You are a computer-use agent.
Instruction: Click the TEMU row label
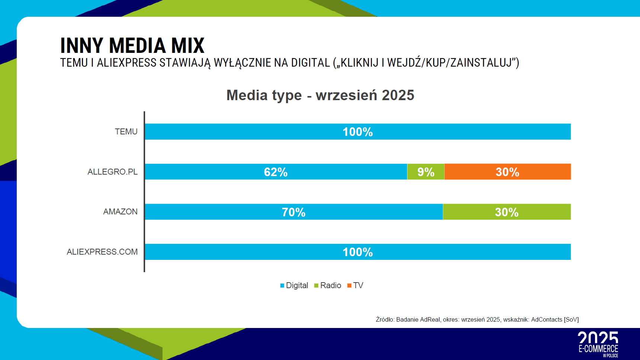(126, 132)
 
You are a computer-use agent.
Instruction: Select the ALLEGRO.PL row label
(112, 172)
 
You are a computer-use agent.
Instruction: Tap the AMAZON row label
(120, 212)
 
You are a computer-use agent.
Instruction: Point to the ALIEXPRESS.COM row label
(102, 252)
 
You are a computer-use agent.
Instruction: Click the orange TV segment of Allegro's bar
(508, 172)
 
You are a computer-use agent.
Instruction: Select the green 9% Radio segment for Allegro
(426, 172)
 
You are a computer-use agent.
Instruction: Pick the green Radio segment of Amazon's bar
(506, 212)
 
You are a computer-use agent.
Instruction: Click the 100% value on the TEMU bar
(358, 132)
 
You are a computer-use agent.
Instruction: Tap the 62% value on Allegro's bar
(276, 172)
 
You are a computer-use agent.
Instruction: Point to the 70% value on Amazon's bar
(294, 212)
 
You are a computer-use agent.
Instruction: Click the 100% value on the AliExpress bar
(358, 252)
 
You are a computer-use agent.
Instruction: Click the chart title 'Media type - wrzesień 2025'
(320, 95)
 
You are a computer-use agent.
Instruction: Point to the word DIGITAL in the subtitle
(310, 63)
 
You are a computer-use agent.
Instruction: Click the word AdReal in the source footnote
(430, 320)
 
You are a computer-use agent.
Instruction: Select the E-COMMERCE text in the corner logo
(598, 349)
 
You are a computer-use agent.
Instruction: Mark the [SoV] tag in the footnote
(571, 320)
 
